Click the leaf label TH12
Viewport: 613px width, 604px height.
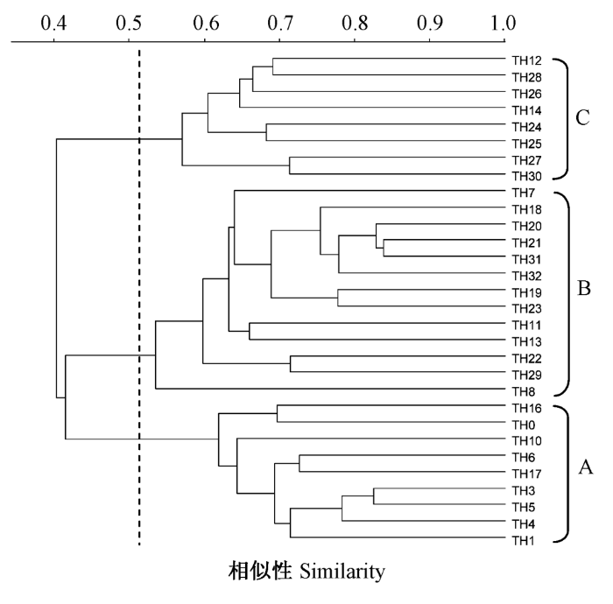(x=528, y=60)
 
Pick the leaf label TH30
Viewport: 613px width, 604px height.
(x=528, y=176)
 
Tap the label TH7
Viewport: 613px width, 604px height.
(x=525, y=192)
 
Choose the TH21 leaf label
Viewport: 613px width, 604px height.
(x=528, y=242)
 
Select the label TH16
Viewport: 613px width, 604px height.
(x=528, y=408)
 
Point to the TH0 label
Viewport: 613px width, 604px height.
(x=525, y=424)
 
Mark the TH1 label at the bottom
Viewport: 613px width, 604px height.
(x=525, y=540)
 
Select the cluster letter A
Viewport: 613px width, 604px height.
(x=586, y=468)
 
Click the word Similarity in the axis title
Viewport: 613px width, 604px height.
(x=342, y=573)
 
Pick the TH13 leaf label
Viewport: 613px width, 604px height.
(x=528, y=341)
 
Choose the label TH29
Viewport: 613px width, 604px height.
(x=528, y=374)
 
